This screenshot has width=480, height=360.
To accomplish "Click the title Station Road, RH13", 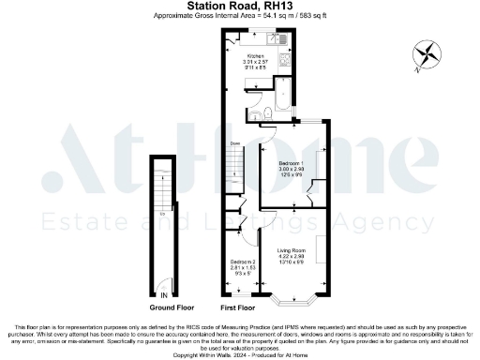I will click(x=240, y=7).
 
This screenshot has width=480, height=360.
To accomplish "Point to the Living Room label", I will click(x=292, y=253).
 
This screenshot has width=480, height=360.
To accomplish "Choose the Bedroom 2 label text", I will click(x=242, y=264).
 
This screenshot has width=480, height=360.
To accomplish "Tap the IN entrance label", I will click(x=164, y=293).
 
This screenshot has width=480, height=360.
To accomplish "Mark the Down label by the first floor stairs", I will click(x=234, y=143).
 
